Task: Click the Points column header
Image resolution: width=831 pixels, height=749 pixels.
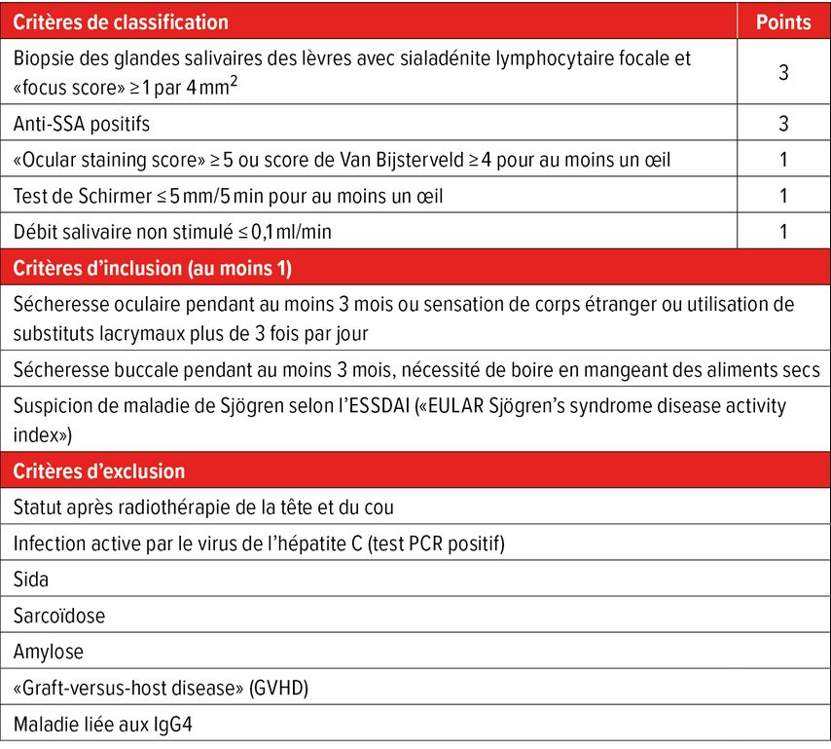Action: point(782,21)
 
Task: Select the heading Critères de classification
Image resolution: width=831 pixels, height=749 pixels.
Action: point(122,21)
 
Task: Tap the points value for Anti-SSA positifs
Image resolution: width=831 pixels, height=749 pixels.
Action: point(783,124)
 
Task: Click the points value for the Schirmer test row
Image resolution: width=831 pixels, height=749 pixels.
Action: point(783,196)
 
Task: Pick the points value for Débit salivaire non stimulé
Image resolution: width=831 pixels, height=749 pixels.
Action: point(783,232)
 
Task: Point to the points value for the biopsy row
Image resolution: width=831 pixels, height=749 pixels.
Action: point(783,72)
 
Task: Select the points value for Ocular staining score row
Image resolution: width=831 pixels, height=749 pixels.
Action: point(783,160)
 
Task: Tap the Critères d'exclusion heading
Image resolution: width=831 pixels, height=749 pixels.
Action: point(99,471)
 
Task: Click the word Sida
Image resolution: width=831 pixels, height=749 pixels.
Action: point(31,580)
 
